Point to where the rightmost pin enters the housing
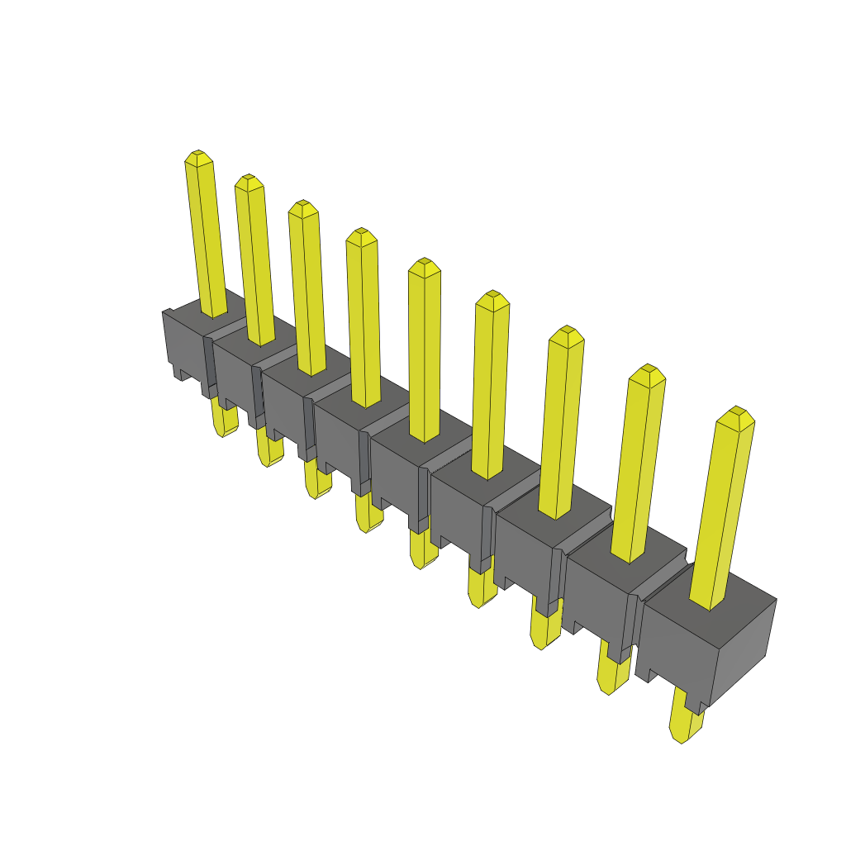coord(709,605)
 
